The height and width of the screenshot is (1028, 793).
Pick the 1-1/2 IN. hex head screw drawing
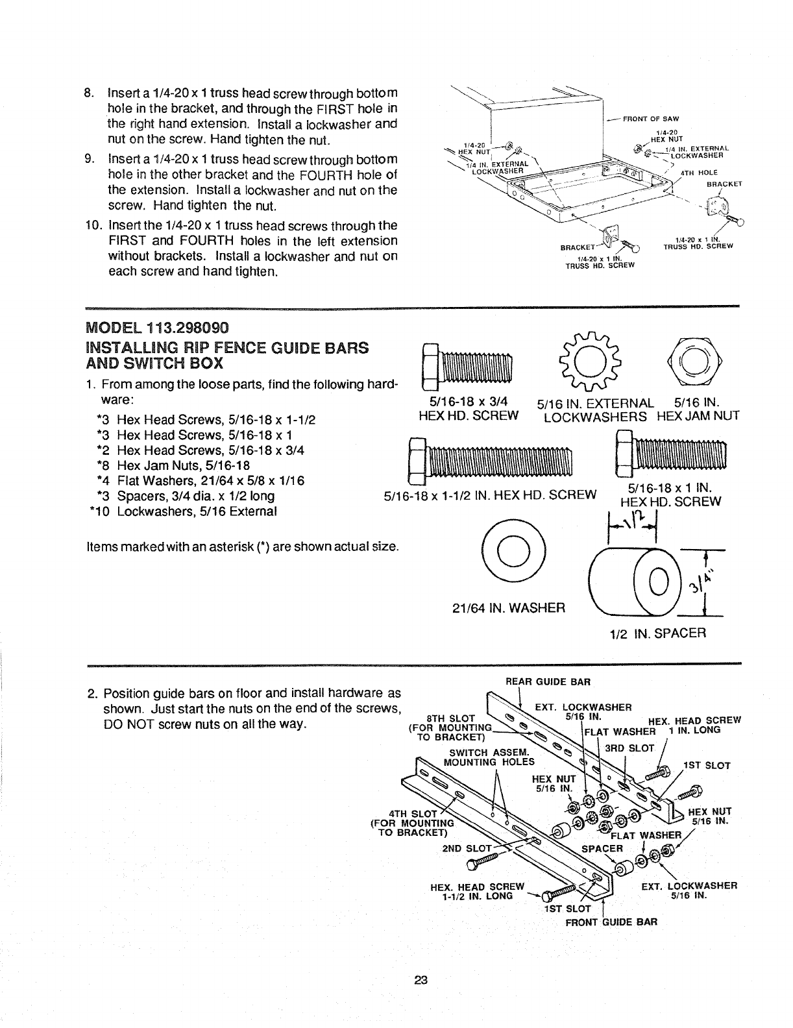(x=490, y=462)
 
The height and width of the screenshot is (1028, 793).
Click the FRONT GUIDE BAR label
(x=602, y=922)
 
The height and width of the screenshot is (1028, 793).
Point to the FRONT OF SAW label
(x=652, y=118)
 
